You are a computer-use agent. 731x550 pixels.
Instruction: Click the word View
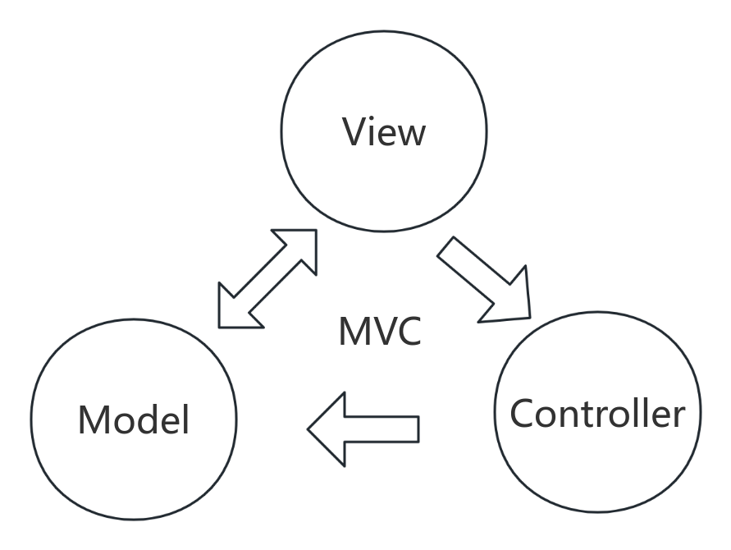(384, 131)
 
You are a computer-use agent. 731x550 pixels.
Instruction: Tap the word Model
(134, 419)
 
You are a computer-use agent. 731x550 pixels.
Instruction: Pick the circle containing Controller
(597, 468)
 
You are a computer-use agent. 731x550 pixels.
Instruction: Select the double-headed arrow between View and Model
(267, 278)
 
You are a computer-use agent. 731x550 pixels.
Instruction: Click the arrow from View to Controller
(484, 279)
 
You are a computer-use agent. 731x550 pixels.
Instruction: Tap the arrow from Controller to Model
(364, 428)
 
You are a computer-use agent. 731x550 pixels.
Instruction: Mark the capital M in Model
(93, 419)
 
